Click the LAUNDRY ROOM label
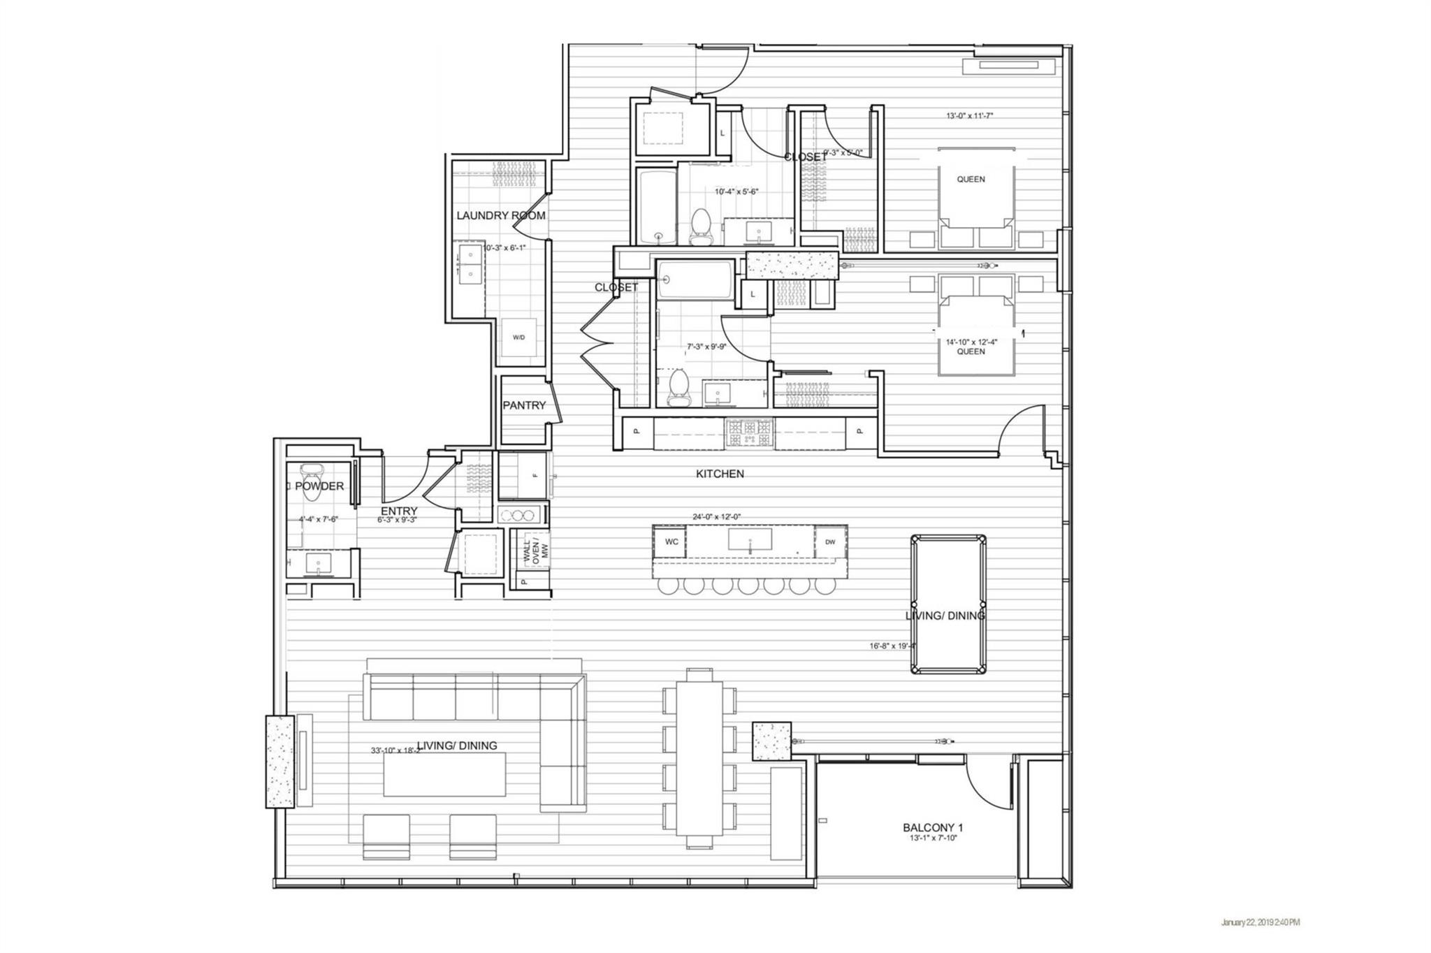coord(500,215)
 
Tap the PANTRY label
coord(523,405)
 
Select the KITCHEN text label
coord(720,474)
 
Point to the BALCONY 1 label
coord(928,828)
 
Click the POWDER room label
coord(319,486)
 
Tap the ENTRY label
coord(399,511)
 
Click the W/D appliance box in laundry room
coord(518,338)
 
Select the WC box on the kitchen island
coord(671,542)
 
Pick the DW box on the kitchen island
coord(830,542)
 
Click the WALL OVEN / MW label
coord(536,553)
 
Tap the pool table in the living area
coord(948,604)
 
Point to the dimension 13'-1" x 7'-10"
coord(928,838)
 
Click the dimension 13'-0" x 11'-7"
coord(969,116)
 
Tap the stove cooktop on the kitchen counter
coord(749,433)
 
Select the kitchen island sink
coord(750,540)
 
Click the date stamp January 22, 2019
coord(1260,923)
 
